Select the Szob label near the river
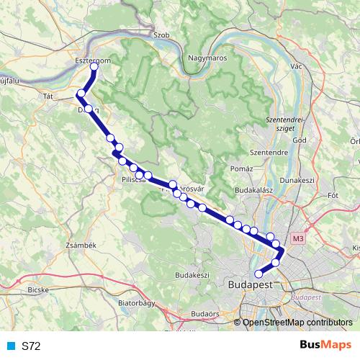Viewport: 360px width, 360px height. click(x=161, y=34)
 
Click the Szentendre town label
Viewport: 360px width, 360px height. click(x=269, y=153)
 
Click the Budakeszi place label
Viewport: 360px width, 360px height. click(x=192, y=275)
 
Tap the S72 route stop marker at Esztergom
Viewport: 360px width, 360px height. click(x=94, y=67)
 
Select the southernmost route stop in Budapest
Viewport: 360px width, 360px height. click(x=259, y=274)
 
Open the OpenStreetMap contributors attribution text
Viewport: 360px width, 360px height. click(x=297, y=322)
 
